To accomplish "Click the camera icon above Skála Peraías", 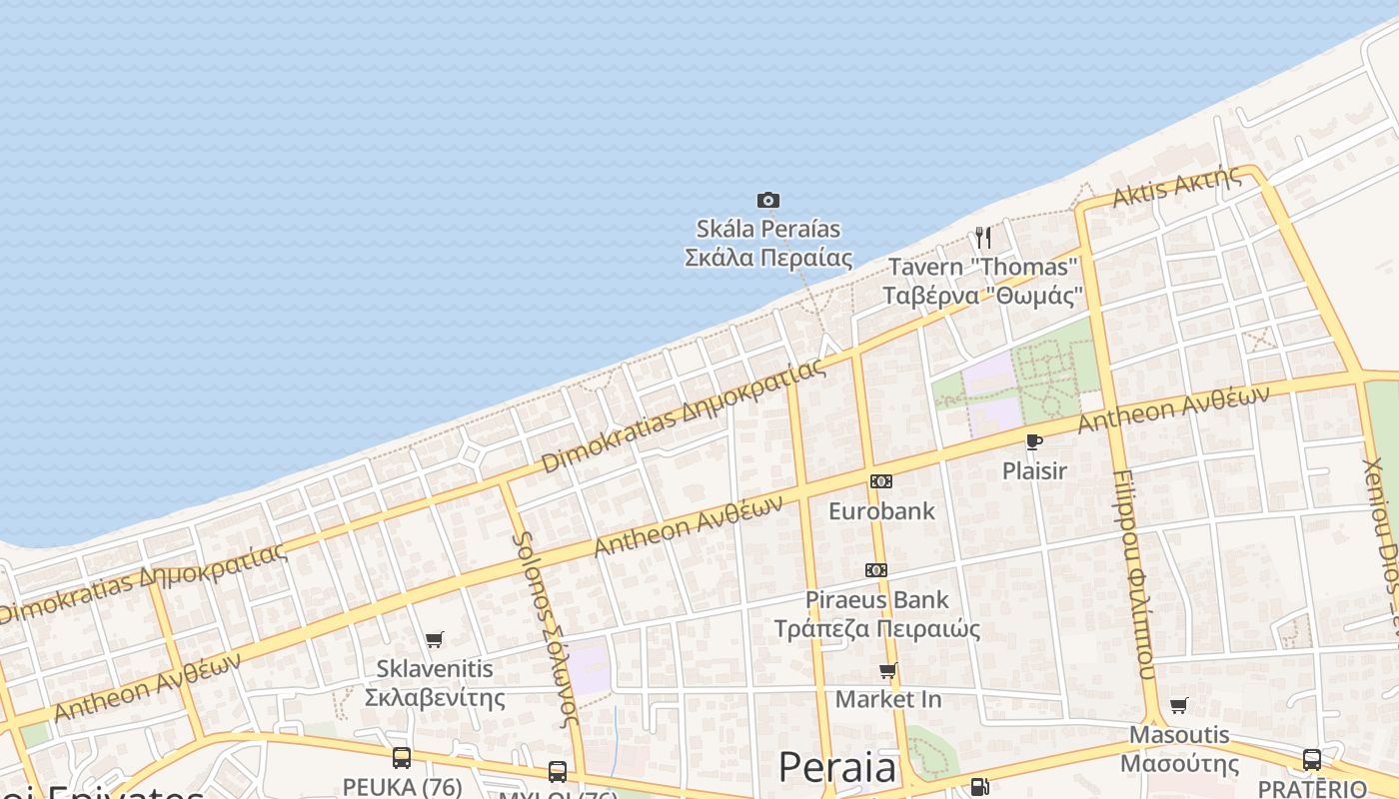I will point(767,201).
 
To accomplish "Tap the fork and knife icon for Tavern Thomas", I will point(983,238).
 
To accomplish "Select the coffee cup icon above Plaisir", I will point(1034,441).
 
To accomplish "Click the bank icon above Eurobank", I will point(880,481).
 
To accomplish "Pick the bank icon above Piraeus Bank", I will point(876,570).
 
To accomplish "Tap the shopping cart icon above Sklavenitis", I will point(434,639).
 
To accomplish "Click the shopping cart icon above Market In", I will point(887,670).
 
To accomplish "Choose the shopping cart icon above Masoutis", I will point(1179,706).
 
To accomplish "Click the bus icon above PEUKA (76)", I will point(402,758).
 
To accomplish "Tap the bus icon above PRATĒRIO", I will point(1312,760).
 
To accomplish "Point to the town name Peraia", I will point(837,767).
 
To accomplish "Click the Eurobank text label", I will point(881,511).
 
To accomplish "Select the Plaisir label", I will point(1034,470).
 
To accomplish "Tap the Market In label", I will point(887,699).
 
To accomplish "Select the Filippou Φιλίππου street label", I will point(1133,574).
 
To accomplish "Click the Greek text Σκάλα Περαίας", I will point(768,258).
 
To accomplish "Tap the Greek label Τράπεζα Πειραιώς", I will point(876,629).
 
